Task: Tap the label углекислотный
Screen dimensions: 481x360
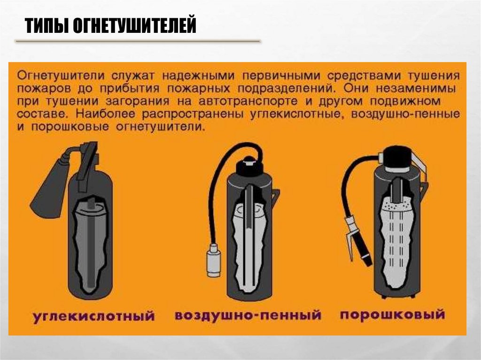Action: click(x=94, y=316)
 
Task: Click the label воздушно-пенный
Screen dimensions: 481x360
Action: click(x=248, y=315)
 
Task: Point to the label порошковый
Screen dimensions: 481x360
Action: click(x=392, y=315)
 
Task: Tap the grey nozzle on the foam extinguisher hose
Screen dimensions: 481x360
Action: click(x=214, y=260)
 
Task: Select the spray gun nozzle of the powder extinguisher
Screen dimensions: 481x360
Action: click(x=357, y=241)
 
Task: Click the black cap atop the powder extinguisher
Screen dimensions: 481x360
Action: click(x=397, y=158)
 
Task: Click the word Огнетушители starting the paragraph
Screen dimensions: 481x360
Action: click(x=61, y=76)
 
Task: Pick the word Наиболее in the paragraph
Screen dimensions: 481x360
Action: click(x=105, y=114)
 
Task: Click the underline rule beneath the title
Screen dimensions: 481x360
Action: click(x=138, y=41)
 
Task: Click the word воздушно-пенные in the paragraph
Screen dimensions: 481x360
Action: click(x=405, y=114)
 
